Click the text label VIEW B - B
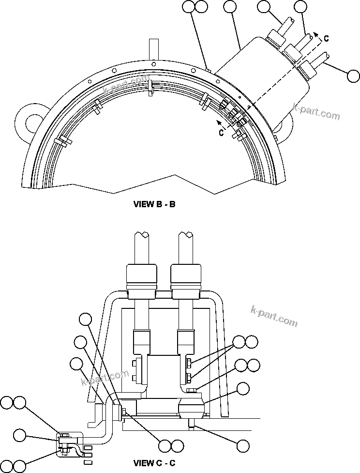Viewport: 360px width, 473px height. click(154, 204)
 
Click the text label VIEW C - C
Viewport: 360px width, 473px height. click(154, 463)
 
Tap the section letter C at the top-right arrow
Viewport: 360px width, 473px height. click(327, 39)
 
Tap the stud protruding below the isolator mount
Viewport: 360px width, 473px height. click(193, 425)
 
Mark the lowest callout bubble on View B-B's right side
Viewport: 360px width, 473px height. click(354, 76)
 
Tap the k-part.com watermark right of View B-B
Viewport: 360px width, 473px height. click(316, 112)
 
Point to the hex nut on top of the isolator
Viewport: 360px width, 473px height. click(192, 391)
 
